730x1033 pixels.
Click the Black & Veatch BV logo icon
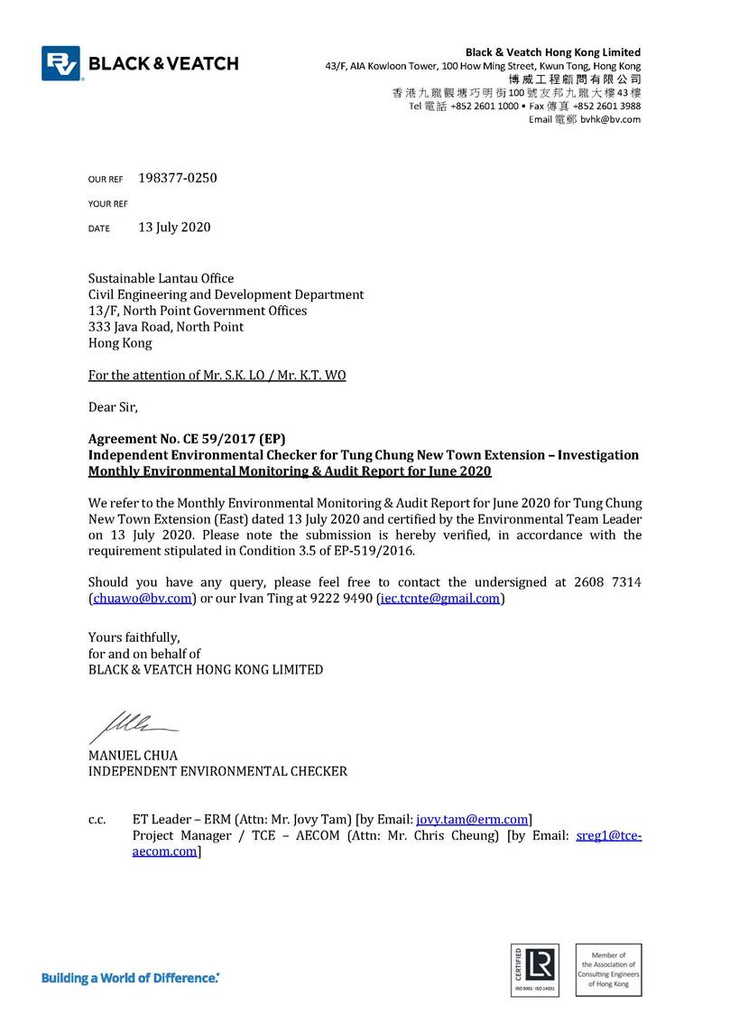[60, 63]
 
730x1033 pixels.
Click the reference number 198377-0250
[177, 178]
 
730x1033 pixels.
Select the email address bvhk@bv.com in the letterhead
[610, 119]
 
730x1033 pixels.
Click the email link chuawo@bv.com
[142, 598]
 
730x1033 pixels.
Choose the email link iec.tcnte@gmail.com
[439, 598]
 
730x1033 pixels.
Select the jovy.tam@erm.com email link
[472, 819]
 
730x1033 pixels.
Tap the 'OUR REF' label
[105, 180]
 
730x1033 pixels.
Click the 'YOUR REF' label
[107, 204]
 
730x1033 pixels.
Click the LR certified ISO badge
[535, 970]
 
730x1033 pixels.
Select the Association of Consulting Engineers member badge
[607, 970]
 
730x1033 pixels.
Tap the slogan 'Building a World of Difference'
[131, 978]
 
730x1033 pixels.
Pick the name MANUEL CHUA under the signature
[133, 755]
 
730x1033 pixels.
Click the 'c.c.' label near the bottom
[97, 820]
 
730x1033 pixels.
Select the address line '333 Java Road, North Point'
[166, 327]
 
